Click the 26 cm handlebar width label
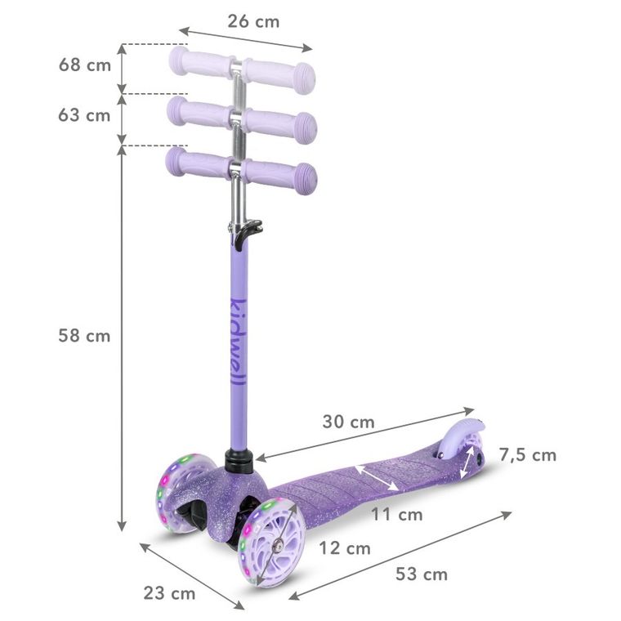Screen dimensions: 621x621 [253, 21]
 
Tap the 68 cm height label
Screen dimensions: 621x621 [85, 65]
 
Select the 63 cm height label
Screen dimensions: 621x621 [84, 115]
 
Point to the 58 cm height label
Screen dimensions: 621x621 [84, 336]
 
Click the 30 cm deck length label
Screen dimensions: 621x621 [349, 422]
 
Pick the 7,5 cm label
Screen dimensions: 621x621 [528, 455]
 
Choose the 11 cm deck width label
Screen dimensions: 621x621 [397, 515]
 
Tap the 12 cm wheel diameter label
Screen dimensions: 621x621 [345, 548]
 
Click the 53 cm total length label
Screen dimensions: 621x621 [422, 574]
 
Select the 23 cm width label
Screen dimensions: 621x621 [169, 593]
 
